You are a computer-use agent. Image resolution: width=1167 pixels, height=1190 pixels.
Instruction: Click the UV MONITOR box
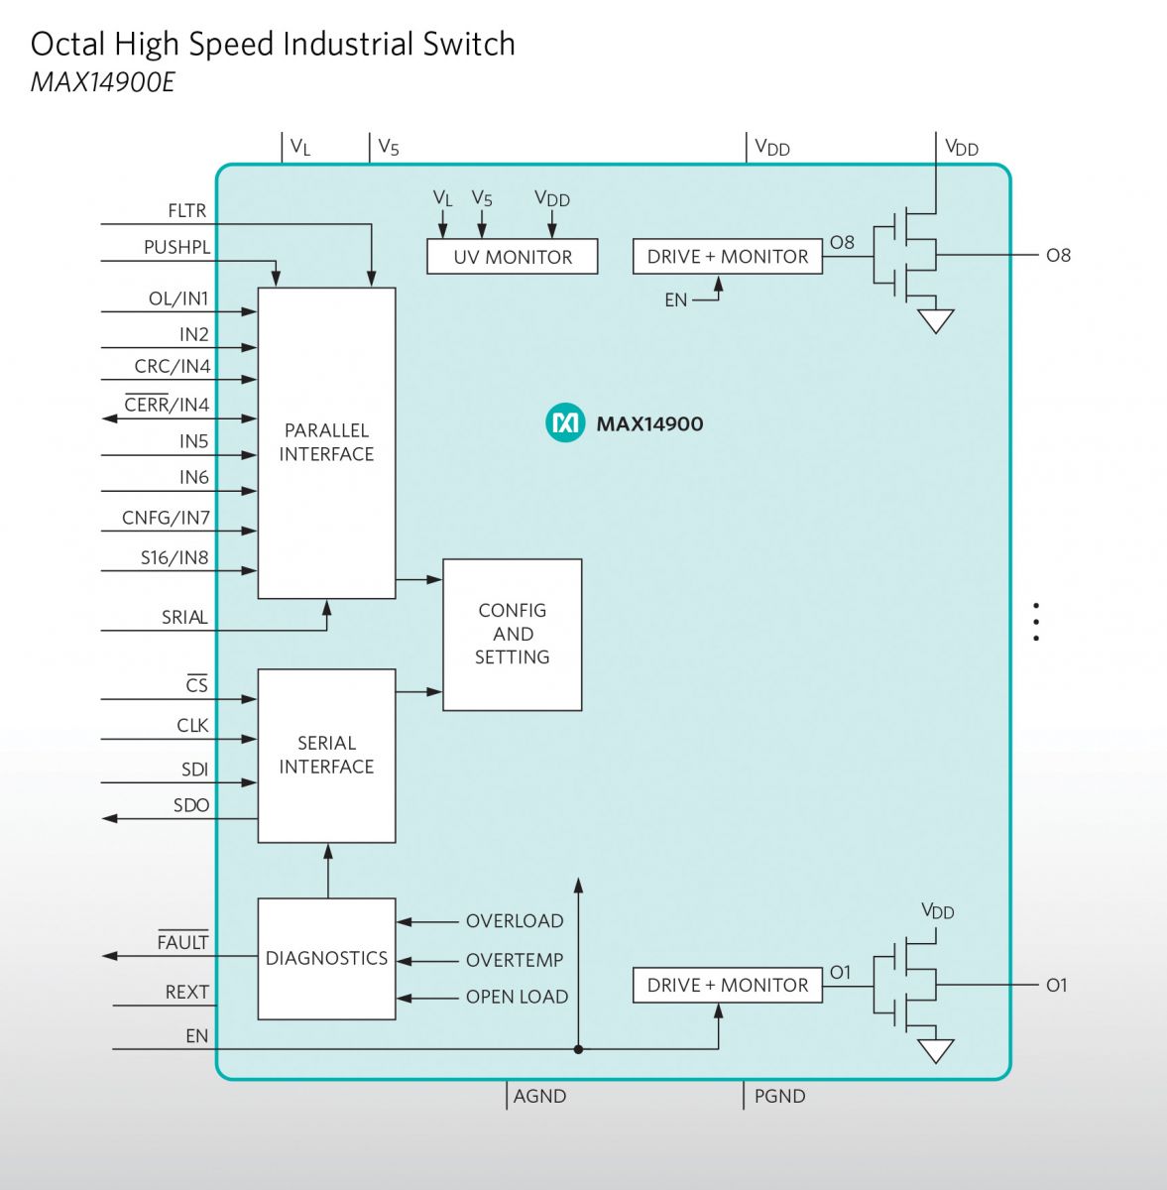tap(512, 256)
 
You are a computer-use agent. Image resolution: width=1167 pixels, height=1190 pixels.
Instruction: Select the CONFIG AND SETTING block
tap(512, 635)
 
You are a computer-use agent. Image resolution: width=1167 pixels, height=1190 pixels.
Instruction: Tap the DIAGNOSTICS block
tap(326, 958)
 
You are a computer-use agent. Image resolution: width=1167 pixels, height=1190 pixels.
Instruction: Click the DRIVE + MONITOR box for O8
tap(728, 256)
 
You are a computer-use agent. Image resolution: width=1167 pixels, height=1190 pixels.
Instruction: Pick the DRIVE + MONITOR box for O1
tap(728, 985)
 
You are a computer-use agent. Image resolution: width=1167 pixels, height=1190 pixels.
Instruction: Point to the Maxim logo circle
tap(565, 423)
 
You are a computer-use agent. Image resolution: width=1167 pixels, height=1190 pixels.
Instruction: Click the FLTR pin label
tap(187, 211)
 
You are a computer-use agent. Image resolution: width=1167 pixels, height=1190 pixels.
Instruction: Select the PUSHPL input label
tap(176, 248)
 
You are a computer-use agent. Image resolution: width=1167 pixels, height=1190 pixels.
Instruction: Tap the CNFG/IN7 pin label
tap(166, 518)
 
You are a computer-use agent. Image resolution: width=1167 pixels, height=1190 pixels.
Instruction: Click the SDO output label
tap(190, 805)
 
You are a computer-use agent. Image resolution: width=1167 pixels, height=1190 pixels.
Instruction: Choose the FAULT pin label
tap(182, 941)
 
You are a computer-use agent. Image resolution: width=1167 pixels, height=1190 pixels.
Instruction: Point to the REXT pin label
tap(187, 993)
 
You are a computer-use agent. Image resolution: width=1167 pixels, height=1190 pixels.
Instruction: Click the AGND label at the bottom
tap(539, 1096)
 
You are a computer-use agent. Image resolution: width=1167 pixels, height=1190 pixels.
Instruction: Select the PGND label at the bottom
tap(780, 1096)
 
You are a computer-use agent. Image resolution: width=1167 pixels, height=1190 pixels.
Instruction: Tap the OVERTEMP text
tap(515, 960)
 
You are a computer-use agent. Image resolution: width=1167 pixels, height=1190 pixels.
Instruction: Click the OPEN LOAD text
tap(517, 997)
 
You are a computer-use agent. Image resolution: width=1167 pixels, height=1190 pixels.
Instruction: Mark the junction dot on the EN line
tap(579, 1049)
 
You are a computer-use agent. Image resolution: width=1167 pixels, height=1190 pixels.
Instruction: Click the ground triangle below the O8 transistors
tap(936, 320)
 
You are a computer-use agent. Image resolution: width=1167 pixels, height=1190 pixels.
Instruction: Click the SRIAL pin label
tap(184, 618)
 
